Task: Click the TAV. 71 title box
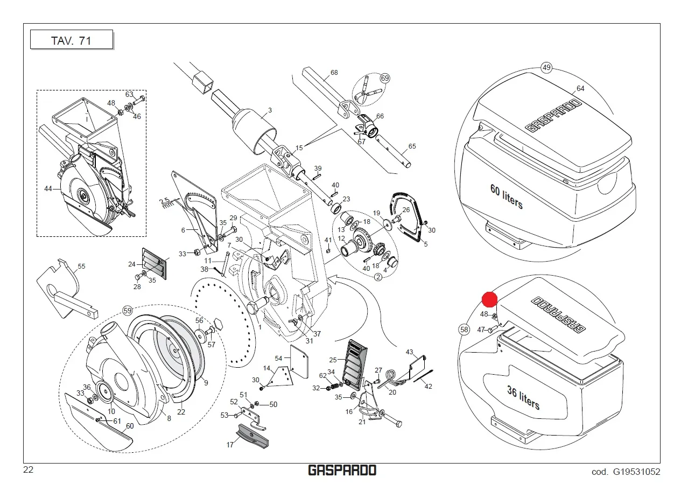point(71,40)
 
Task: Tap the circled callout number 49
point(547,68)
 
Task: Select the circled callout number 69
point(385,79)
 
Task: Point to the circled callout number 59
point(128,310)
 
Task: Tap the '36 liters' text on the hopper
point(523,397)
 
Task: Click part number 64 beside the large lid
point(580,88)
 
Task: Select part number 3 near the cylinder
point(270,110)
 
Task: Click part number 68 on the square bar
point(334,73)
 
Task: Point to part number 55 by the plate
point(82,266)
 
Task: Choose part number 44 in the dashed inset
point(48,188)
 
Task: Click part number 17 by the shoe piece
point(230,445)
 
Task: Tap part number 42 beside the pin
point(429,386)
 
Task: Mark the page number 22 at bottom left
point(29,470)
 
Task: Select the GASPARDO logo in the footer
point(342,471)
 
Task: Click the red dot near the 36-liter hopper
point(489,300)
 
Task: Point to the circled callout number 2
point(378,277)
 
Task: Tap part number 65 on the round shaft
point(412,146)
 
